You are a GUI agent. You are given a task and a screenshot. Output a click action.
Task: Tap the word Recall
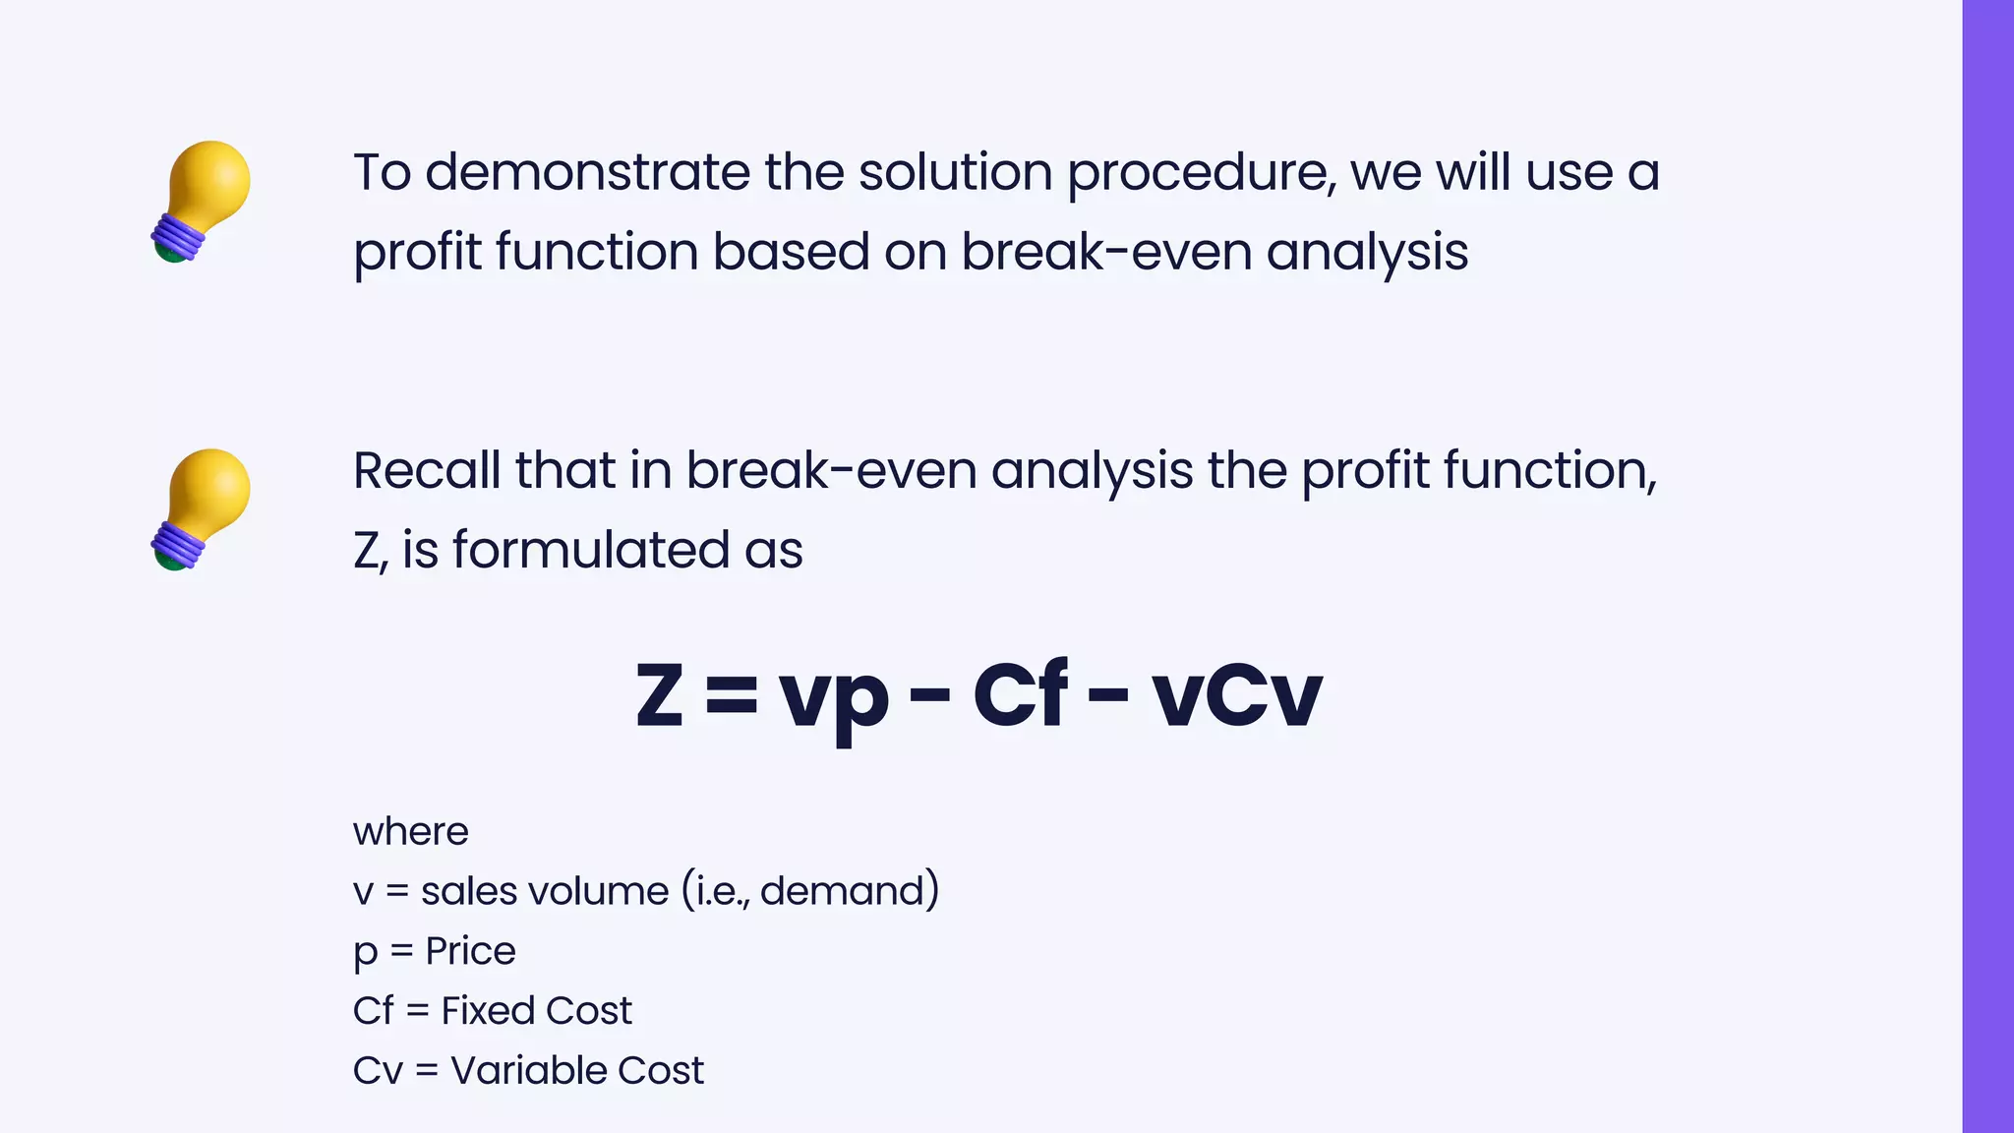pyautogui.click(x=427, y=470)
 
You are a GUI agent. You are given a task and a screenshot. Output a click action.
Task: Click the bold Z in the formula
pyautogui.click(x=659, y=695)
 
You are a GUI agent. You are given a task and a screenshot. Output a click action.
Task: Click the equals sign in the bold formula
pyautogui.click(x=732, y=695)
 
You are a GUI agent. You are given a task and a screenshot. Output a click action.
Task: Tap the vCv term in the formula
pyautogui.click(x=1236, y=696)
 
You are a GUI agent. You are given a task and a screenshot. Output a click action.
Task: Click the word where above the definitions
pyautogui.click(x=410, y=832)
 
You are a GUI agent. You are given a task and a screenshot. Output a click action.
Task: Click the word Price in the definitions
pyautogui.click(x=470, y=951)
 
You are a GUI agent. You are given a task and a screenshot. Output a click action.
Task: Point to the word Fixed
pyautogui.click(x=486, y=1011)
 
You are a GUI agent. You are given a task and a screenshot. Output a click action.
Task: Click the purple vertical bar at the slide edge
pyautogui.click(x=1987, y=566)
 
